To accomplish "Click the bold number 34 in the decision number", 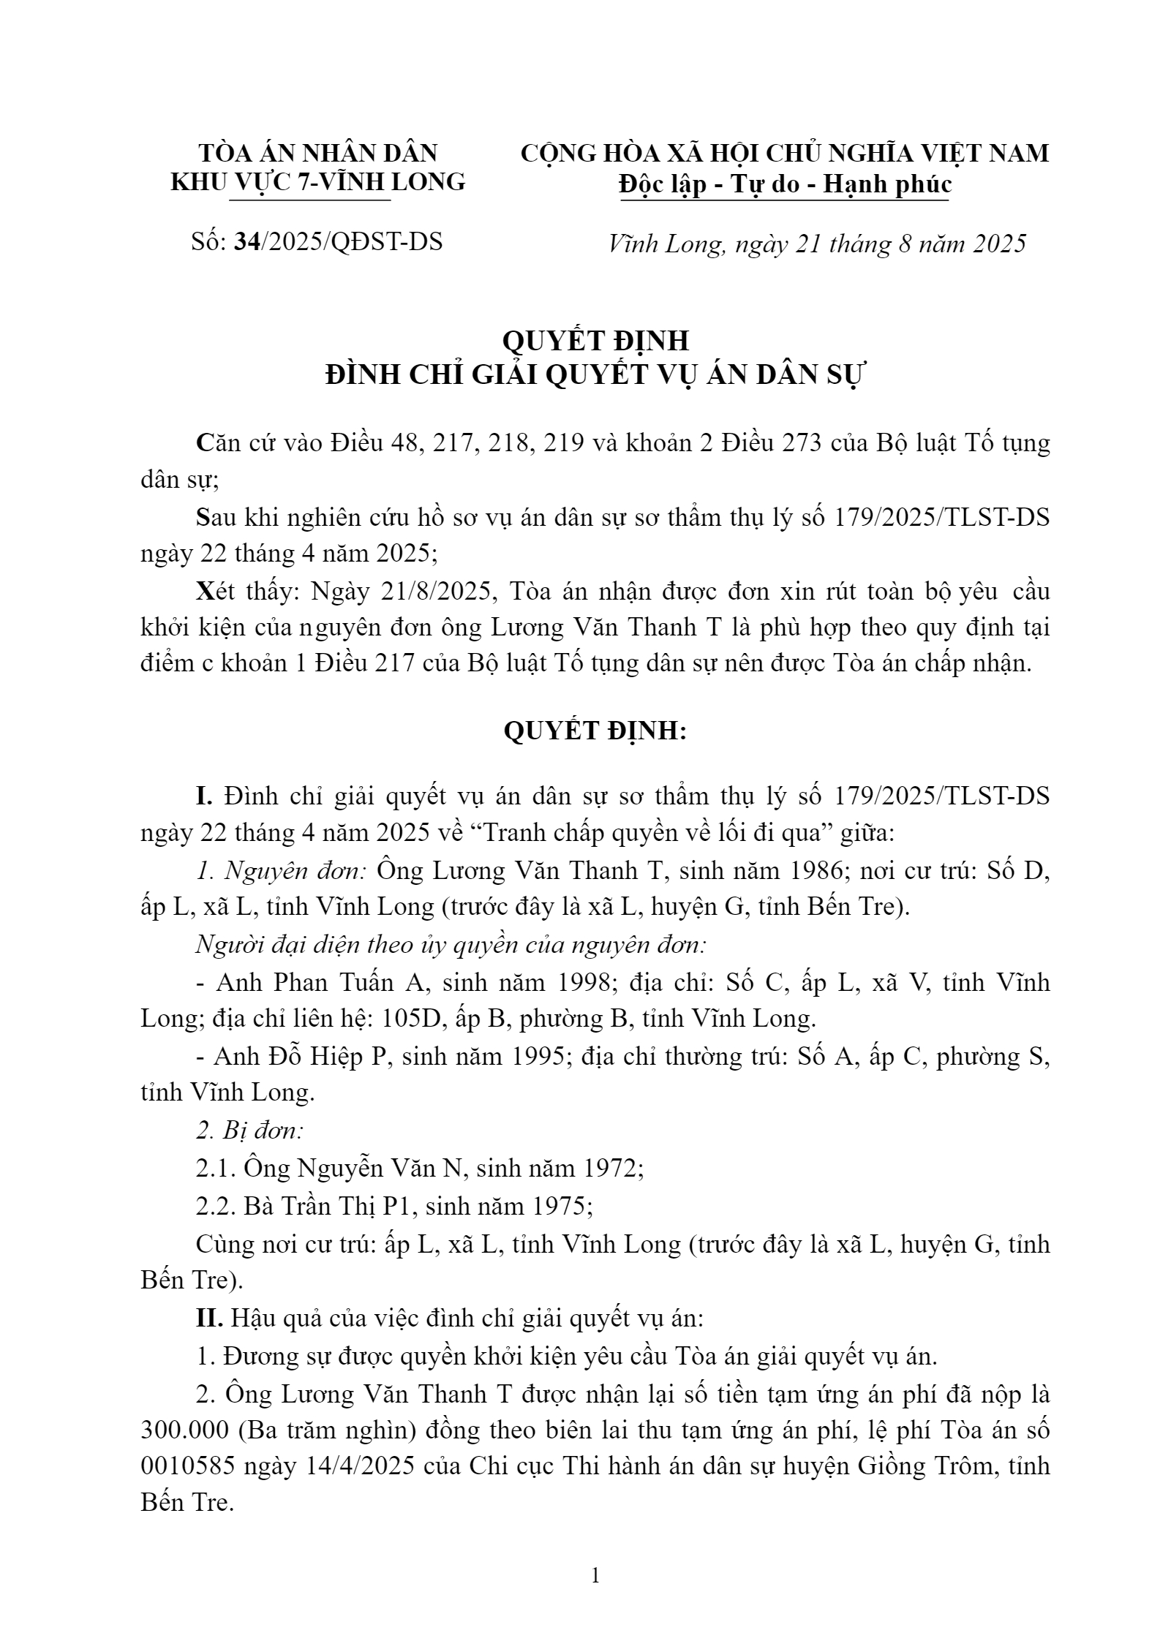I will (246, 242).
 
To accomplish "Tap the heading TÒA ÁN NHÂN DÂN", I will (317, 153).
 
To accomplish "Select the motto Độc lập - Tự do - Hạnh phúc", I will (784, 184).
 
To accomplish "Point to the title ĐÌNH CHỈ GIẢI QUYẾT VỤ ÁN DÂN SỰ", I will (595, 375).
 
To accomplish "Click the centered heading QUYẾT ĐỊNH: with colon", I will (595, 731).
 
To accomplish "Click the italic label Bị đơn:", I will (249, 1131).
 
